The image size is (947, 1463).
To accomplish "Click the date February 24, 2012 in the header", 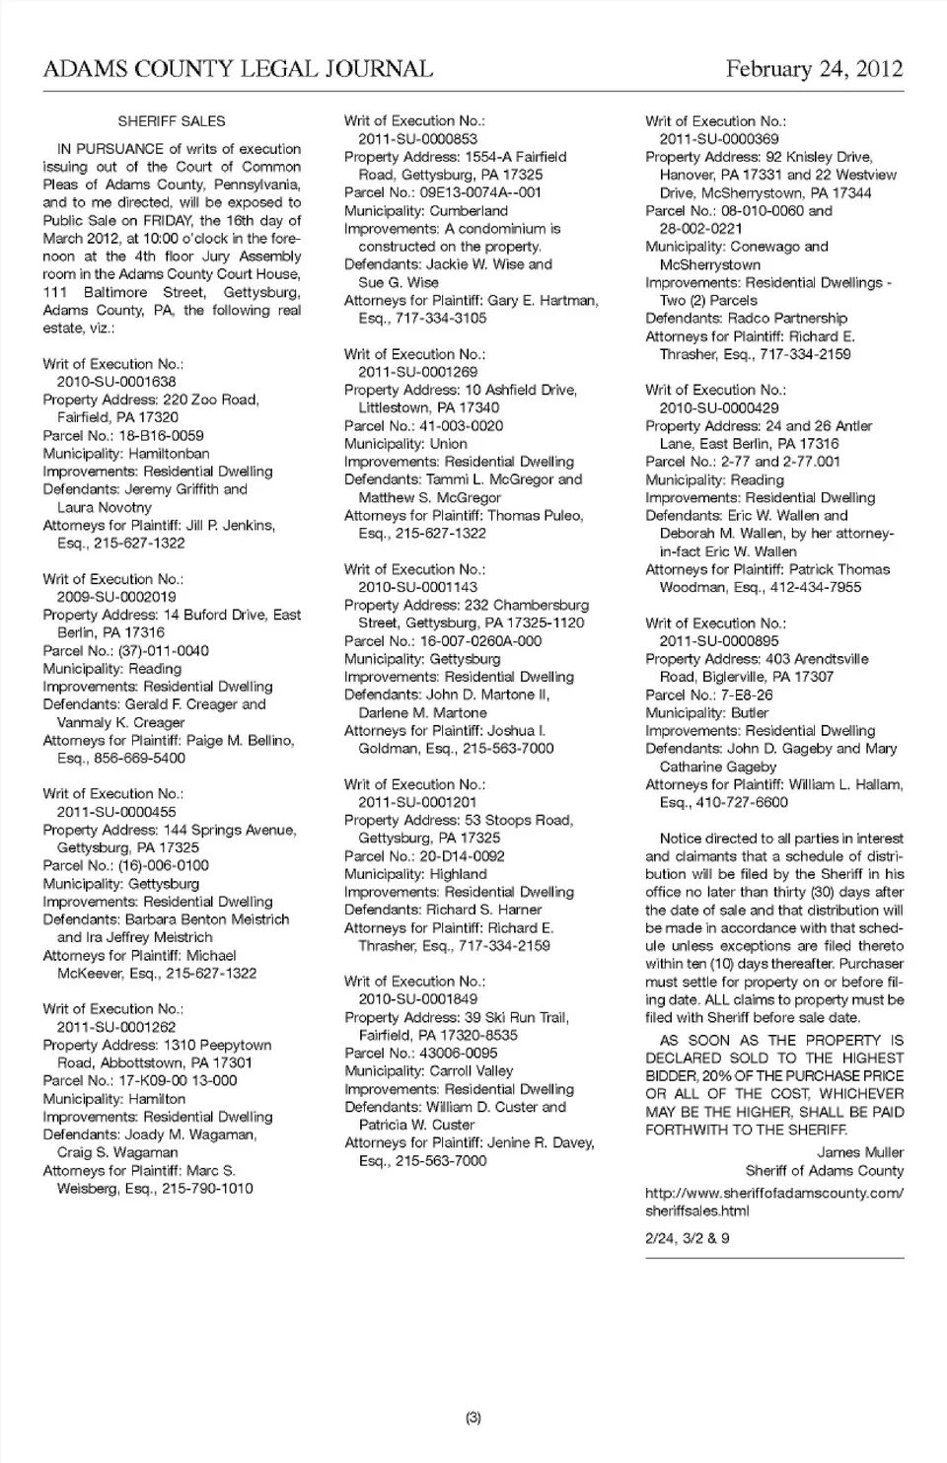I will [x=814, y=69].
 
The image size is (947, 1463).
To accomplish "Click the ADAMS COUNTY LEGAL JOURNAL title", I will [x=238, y=69].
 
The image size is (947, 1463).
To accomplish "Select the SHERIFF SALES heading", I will [x=172, y=121].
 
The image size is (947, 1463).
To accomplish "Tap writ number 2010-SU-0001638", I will [x=116, y=382].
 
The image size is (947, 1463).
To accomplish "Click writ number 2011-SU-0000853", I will [x=417, y=139].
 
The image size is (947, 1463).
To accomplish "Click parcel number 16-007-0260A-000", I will [x=481, y=641].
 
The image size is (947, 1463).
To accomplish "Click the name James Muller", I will [x=860, y=1152].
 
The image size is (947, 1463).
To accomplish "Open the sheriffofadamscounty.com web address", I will [x=774, y=1202].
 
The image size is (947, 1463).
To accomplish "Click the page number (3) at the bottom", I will [x=473, y=1418].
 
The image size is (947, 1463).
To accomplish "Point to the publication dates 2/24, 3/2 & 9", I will [x=688, y=1238].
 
